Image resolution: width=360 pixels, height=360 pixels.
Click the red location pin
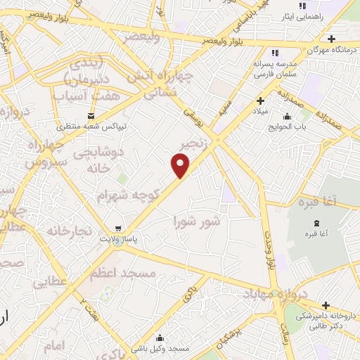181,166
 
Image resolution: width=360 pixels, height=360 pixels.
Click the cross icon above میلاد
260,101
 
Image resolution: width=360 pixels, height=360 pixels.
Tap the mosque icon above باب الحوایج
286,117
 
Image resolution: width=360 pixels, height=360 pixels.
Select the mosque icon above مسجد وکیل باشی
160,337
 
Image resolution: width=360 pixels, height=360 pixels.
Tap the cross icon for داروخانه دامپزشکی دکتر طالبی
326,305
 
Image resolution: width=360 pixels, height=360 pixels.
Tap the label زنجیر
198,146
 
